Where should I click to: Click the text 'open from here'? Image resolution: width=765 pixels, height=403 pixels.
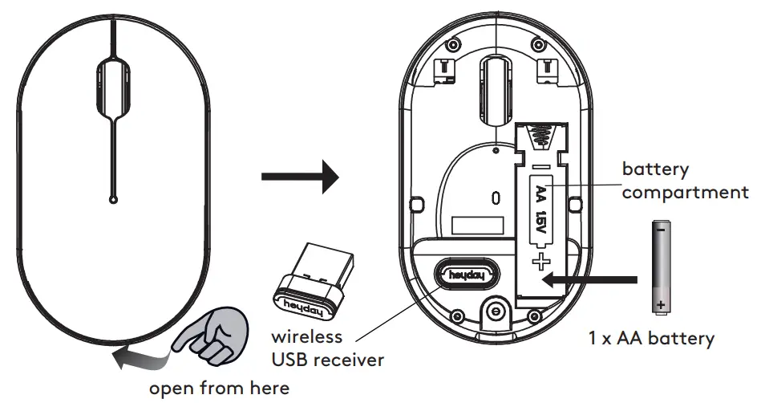[219, 389]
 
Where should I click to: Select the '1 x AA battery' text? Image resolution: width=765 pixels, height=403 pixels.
[650, 338]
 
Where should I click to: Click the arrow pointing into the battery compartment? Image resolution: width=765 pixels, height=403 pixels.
[589, 279]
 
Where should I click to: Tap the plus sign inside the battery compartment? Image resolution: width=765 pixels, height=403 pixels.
[543, 261]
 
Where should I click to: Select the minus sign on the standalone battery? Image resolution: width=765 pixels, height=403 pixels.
[659, 230]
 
